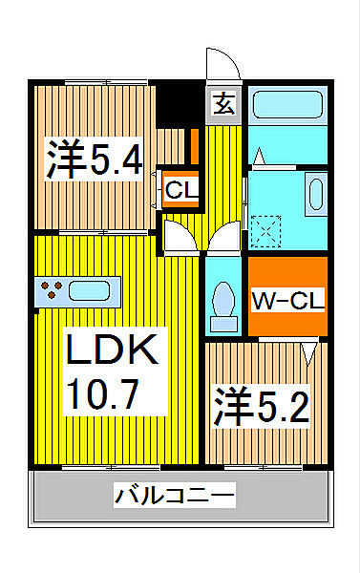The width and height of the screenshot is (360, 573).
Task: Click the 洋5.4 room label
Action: point(95,159)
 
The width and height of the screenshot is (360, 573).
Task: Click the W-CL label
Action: point(287,301)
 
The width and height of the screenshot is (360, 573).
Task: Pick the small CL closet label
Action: point(181,190)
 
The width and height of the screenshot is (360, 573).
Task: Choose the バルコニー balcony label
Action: point(174,496)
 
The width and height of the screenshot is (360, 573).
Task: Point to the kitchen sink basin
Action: point(94,288)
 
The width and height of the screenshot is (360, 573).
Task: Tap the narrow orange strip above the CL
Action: point(194,146)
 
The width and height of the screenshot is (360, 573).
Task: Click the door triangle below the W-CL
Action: point(309,351)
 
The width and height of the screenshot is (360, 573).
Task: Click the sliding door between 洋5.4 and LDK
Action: point(95,232)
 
